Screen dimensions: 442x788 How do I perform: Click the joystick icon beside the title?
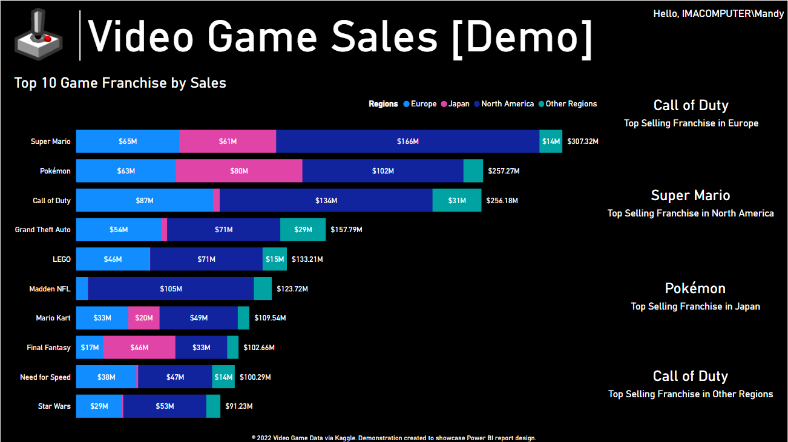38,35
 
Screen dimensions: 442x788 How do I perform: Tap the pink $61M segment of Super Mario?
228,141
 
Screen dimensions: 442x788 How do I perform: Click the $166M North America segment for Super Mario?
407,141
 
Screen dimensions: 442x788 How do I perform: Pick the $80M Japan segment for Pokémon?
239,171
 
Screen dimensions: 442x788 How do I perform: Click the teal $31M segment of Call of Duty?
457,200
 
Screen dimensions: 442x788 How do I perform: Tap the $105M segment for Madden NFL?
171,289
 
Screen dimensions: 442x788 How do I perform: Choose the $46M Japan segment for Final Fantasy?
139,348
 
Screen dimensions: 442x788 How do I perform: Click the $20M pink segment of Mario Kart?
144,318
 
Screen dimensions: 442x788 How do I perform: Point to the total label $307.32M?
582,141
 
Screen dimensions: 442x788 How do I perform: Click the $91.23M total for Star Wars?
238,406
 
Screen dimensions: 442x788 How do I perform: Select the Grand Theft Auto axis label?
43,230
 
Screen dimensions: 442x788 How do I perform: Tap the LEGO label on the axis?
62,259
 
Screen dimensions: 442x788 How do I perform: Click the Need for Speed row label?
45,377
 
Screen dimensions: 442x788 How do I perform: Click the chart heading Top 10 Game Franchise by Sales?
120,83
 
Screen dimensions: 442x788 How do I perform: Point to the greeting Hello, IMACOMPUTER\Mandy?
718,13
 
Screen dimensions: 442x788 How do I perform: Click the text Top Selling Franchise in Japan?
695,307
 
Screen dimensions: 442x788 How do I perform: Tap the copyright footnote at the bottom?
393,438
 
